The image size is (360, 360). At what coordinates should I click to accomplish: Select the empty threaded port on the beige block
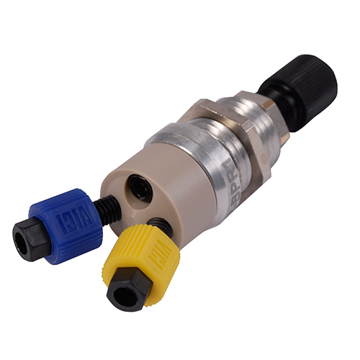point(138,188)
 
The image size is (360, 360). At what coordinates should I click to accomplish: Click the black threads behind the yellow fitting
point(163,227)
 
